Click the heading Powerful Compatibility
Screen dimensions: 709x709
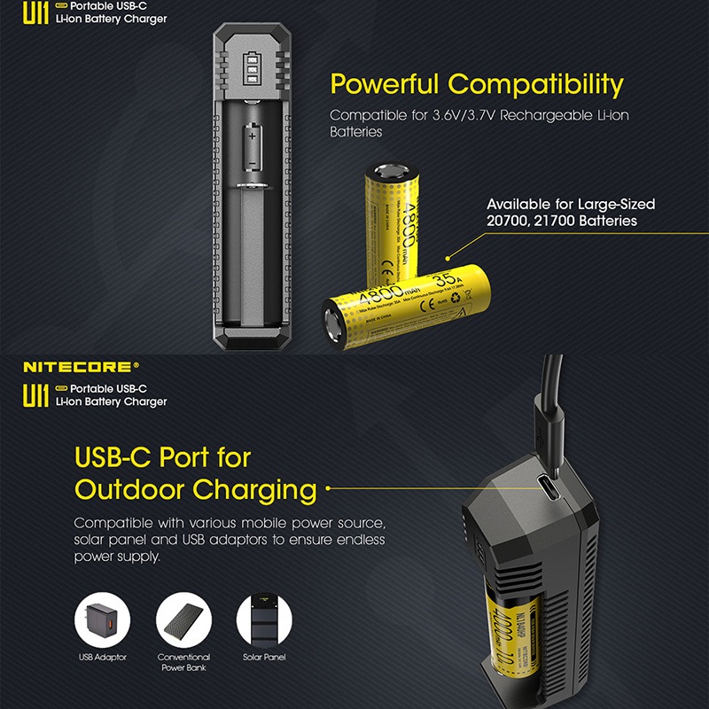pyautogui.click(x=477, y=85)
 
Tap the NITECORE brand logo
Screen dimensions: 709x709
pyautogui.click(x=80, y=365)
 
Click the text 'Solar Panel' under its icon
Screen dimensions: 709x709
pyautogui.click(x=264, y=658)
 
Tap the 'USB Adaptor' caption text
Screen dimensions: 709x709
pyautogui.click(x=101, y=658)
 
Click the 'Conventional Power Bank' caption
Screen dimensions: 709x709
pyautogui.click(x=183, y=662)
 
